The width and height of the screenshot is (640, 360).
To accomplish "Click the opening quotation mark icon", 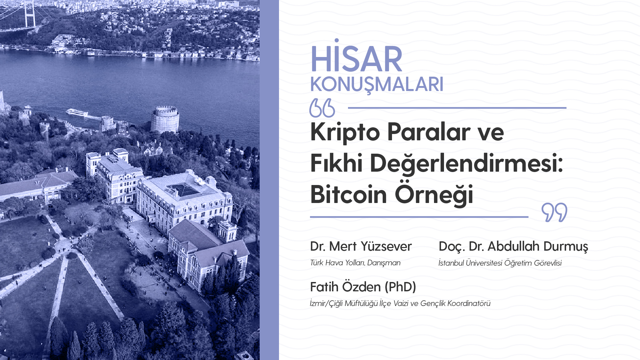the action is [x=322, y=108].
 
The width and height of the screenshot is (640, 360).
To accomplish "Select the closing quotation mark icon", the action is [x=554, y=212].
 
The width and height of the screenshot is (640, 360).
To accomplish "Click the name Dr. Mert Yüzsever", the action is [x=361, y=246].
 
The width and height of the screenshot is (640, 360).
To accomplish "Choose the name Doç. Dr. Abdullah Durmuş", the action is [x=513, y=247].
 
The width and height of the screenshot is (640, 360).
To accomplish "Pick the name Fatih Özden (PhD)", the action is [x=363, y=287].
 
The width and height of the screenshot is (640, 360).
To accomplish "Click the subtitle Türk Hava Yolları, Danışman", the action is [x=355, y=263].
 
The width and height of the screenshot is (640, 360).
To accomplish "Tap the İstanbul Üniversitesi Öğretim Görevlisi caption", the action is [x=500, y=263].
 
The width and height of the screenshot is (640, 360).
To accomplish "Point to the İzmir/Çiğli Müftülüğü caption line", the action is [x=400, y=303].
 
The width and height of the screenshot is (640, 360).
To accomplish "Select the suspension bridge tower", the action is [x=30, y=14].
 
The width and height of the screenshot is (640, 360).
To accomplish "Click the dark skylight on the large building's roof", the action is [x=183, y=190].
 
